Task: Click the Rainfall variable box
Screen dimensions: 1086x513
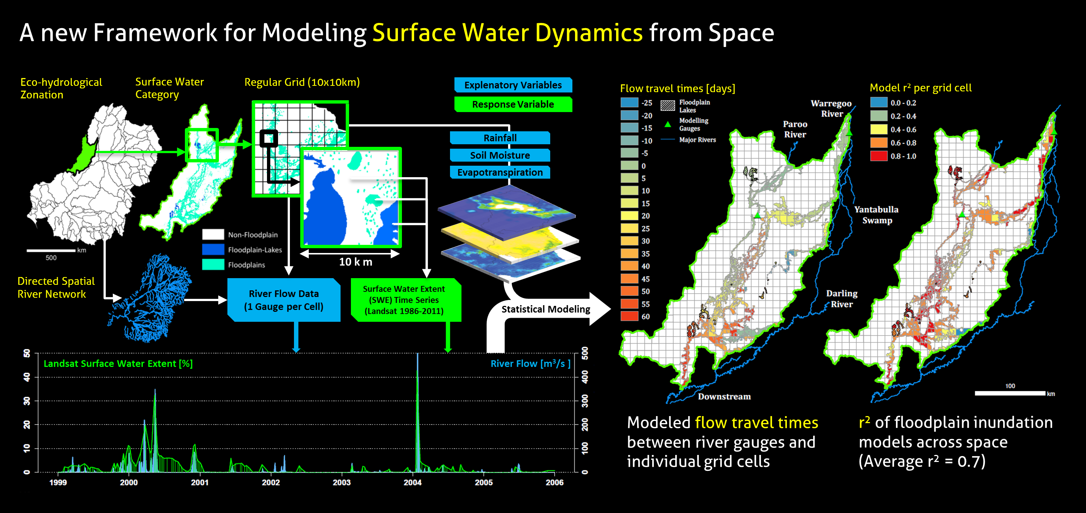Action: (500, 138)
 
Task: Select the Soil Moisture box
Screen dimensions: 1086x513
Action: (500, 155)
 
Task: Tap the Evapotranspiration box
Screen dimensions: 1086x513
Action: (500, 172)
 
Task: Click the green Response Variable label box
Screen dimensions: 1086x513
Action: (513, 104)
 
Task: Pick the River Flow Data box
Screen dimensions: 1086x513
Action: (284, 300)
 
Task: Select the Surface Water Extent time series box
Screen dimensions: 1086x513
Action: (406, 300)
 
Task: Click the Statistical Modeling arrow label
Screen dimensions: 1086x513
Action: (545, 309)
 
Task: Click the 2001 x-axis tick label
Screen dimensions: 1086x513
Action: (199, 482)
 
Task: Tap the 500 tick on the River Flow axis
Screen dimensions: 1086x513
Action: (585, 353)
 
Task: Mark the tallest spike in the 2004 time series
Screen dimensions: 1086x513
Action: (417, 354)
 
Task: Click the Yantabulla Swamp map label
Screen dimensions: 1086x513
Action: (876, 215)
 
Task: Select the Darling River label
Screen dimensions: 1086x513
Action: (842, 298)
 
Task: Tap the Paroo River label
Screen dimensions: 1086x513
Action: (795, 129)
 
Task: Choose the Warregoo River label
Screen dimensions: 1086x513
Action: (831, 108)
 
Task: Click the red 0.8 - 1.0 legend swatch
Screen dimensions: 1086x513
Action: (879, 156)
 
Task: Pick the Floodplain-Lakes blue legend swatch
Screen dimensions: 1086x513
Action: (213, 250)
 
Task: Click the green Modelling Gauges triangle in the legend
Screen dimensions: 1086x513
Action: (668, 124)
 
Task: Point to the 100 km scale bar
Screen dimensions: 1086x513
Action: (1010, 393)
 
